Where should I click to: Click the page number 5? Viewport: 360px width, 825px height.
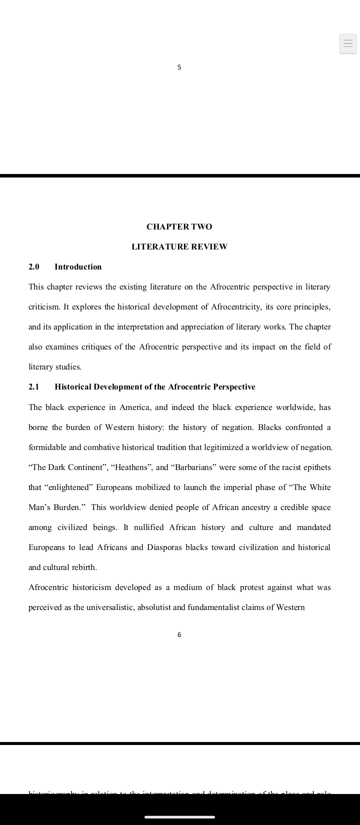pos(179,67)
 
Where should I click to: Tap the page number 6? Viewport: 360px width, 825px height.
pos(179,635)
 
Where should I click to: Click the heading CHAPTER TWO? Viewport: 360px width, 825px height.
pos(179,227)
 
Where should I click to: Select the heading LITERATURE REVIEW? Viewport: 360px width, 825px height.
pos(179,247)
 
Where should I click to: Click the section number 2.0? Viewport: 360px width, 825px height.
pos(34,267)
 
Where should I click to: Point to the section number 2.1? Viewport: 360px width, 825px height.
pos(34,387)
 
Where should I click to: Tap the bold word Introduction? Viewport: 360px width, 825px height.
pos(78,267)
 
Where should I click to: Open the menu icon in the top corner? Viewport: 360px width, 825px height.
pos(348,43)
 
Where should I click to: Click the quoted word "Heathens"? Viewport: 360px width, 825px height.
pos(131,467)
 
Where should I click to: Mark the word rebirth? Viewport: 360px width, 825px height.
pos(85,567)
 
